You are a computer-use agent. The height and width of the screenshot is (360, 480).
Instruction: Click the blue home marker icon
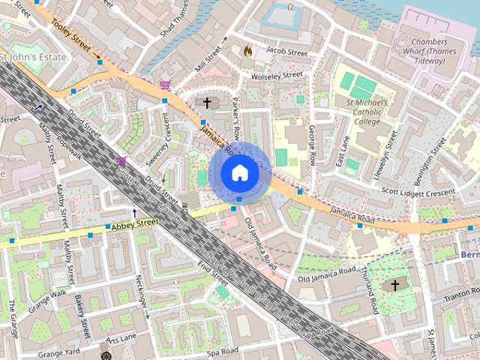click(239, 172)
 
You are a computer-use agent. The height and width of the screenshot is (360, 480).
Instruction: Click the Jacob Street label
click(287, 52)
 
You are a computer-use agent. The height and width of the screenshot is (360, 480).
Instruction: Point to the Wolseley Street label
click(277, 75)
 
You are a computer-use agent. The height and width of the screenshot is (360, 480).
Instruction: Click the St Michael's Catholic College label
click(366, 112)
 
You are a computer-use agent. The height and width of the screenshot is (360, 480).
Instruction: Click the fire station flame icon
click(247, 50)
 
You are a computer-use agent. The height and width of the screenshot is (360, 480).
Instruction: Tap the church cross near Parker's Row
click(208, 102)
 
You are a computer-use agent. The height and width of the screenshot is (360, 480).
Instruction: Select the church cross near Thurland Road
click(395, 286)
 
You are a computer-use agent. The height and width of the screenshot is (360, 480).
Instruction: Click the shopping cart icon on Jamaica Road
click(164, 85)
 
